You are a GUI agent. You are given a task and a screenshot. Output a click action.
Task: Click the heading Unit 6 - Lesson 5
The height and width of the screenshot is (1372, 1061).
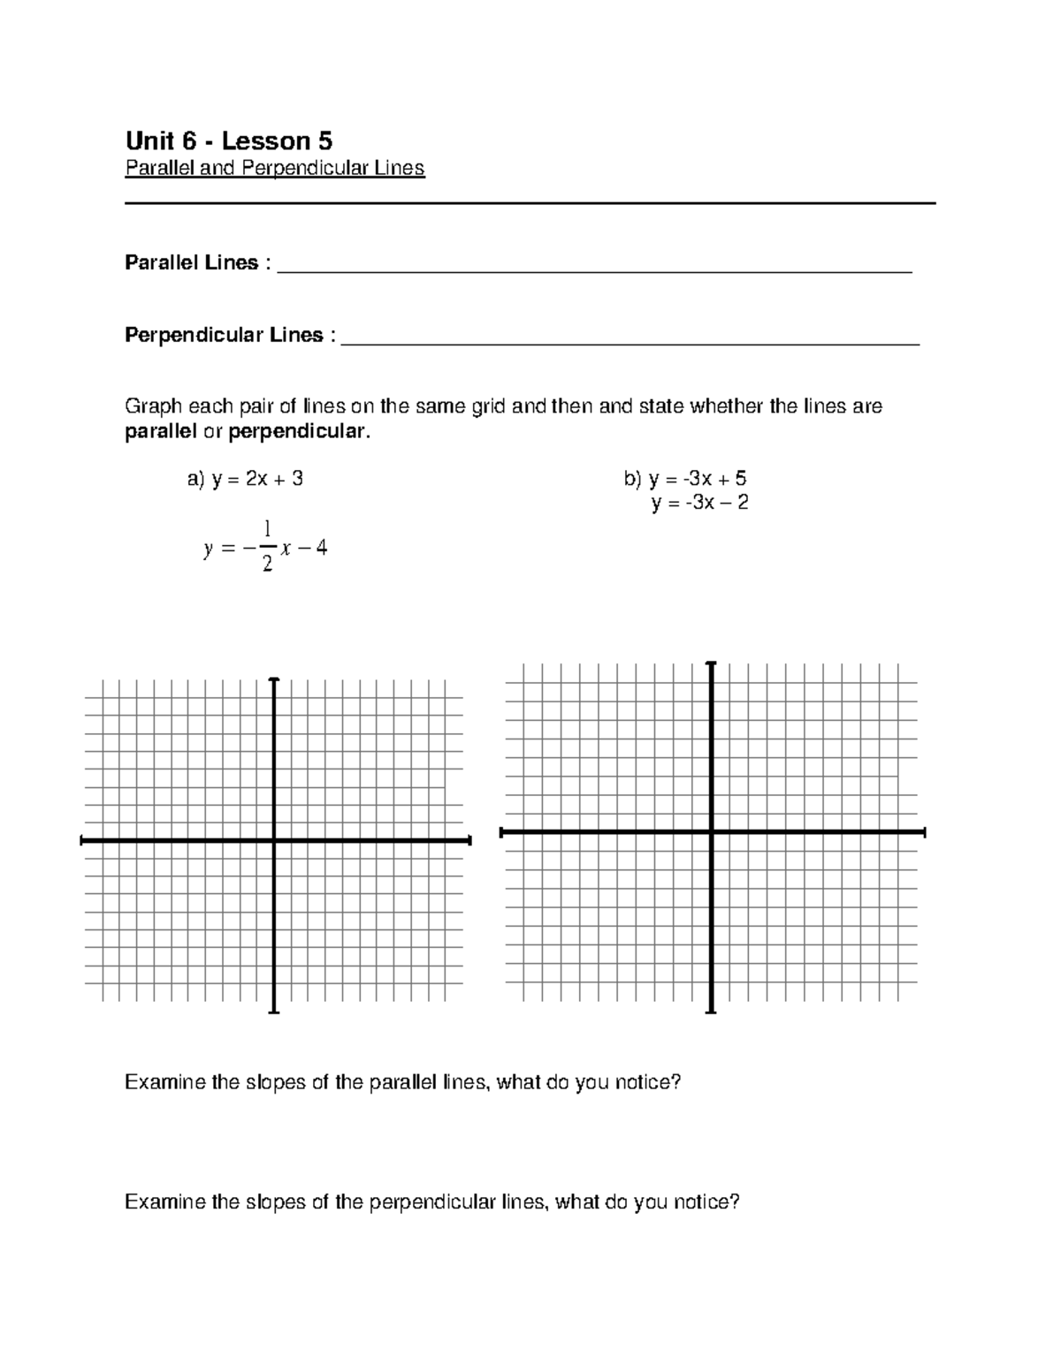229,140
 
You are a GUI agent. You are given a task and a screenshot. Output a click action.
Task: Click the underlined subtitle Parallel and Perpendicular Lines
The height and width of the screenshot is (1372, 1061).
275,168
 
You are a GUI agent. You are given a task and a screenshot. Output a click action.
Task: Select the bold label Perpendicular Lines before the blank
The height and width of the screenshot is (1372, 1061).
224,335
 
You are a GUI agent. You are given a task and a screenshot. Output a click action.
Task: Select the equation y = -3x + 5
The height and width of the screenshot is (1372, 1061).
685,479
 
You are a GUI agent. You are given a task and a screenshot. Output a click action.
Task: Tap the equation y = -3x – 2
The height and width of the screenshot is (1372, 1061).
700,504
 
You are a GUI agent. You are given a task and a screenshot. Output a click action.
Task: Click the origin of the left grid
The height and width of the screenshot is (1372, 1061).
274,841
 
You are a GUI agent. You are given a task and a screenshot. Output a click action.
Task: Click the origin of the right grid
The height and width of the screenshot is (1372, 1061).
712,831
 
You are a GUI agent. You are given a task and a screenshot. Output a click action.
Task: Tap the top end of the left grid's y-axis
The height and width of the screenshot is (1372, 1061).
274,679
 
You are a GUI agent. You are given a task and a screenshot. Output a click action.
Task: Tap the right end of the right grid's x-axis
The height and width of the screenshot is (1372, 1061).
924,831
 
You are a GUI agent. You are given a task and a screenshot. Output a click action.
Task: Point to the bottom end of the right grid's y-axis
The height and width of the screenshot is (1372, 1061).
712,1012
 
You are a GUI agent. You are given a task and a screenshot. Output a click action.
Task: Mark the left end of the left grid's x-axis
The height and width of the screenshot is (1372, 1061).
81,841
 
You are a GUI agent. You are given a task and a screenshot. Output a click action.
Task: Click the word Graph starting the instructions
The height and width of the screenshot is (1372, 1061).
153,406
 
